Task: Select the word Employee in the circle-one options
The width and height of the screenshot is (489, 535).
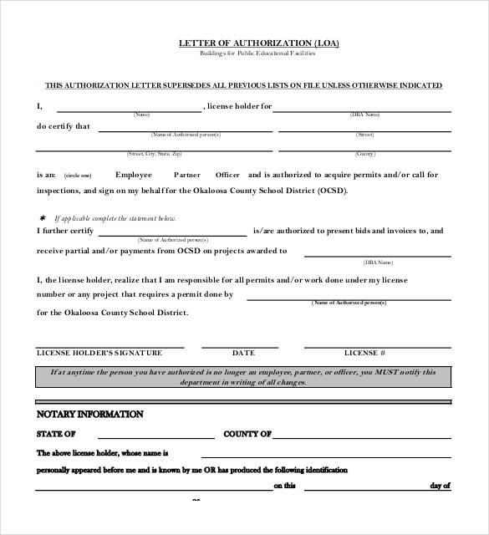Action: point(134,175)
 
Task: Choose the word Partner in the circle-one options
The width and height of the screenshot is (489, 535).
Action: point(187,176)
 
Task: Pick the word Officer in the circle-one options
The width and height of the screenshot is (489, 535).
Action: point(227,175)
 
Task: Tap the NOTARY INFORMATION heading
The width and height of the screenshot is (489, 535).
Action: point(89,414)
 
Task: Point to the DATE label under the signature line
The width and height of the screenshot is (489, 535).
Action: point(243,353)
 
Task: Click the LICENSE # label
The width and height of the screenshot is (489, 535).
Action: point(365,353)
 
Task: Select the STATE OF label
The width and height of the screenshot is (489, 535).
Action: point(56,434)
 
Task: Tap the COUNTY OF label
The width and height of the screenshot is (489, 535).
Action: point(247,434)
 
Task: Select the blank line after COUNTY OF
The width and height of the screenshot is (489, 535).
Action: point(364,436)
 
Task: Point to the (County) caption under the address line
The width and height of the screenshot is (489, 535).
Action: point(365,154)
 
